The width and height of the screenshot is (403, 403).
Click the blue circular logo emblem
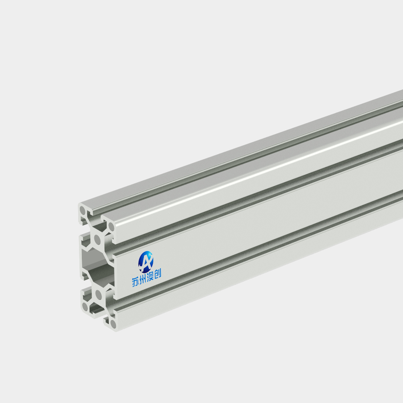[146, 262]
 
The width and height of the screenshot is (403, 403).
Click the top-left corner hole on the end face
[83, 210]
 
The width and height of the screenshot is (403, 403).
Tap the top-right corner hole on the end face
[111, 227]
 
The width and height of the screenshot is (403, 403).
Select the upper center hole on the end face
[97, 239]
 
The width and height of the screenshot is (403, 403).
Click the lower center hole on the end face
[98, 294]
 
